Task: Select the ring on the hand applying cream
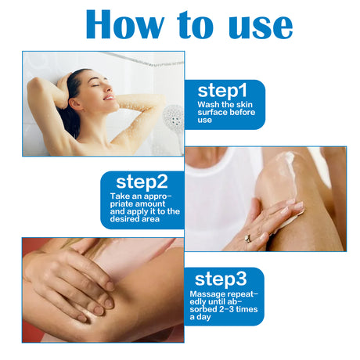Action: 248,238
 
